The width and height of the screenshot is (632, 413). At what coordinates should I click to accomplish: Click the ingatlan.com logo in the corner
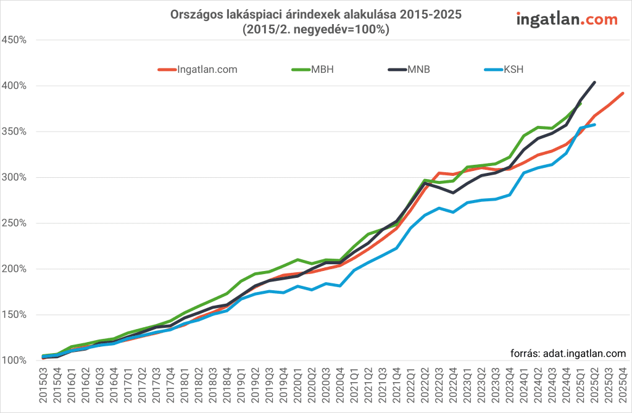coord(567,20)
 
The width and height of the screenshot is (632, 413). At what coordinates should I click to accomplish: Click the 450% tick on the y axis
coord(14,40)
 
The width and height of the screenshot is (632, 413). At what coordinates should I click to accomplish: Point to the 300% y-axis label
coord(14,178)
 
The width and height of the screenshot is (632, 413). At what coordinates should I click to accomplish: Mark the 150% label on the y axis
coord(14,315)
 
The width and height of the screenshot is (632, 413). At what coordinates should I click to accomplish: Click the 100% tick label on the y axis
coord(14,361)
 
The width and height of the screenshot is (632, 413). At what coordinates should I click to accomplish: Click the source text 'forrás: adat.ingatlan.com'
coord(568,354)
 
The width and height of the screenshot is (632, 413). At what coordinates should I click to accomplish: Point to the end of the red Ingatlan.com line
coord(623,93)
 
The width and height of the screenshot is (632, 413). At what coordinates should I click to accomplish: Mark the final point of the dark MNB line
coord(594,82)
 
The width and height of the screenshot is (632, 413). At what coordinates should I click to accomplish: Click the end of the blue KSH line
coord(594,125)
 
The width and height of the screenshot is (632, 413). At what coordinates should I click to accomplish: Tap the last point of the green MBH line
coord(580,104)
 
